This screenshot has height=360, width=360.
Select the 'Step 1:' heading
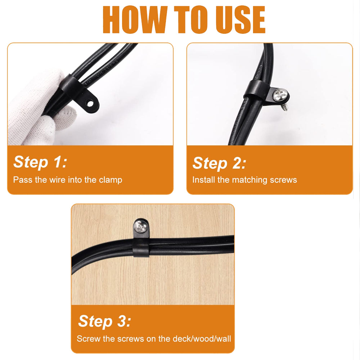pyautogui.click(x=40, y=162)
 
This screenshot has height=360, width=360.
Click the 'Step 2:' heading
pyautogui.click(x=219, y=163)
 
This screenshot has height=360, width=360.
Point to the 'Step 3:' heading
pyautogui.click(x=105, y=321)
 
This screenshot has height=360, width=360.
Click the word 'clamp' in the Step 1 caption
pyautogui.click(x=111, y=180)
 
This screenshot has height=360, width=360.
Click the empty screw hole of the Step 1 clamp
pyautogui.click(x=90, y=103)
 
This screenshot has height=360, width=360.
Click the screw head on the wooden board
pyautogui.click(x=140, y=227)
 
